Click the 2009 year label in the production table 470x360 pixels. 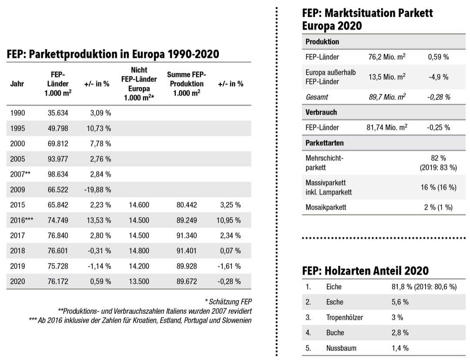[17, 190]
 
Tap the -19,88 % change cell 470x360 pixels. [97, 190]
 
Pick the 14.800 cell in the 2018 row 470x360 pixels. [139, 251]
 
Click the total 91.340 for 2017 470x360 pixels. [188, 235]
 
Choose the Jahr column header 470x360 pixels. [17, 84]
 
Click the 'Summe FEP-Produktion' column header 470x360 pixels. [187, 84]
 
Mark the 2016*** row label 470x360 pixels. [21, 220]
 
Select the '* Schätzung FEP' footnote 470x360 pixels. [228, 302]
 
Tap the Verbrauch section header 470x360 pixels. [321, 112]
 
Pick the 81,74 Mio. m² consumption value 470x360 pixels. [387, 128]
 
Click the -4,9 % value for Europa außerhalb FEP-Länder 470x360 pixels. [438, 77]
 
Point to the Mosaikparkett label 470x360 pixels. [326, 207]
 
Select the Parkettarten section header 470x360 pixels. [325, 143]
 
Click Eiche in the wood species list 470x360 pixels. [334, 287]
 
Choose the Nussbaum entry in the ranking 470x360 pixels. [341, 348]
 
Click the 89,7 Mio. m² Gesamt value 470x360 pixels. [387, 97]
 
